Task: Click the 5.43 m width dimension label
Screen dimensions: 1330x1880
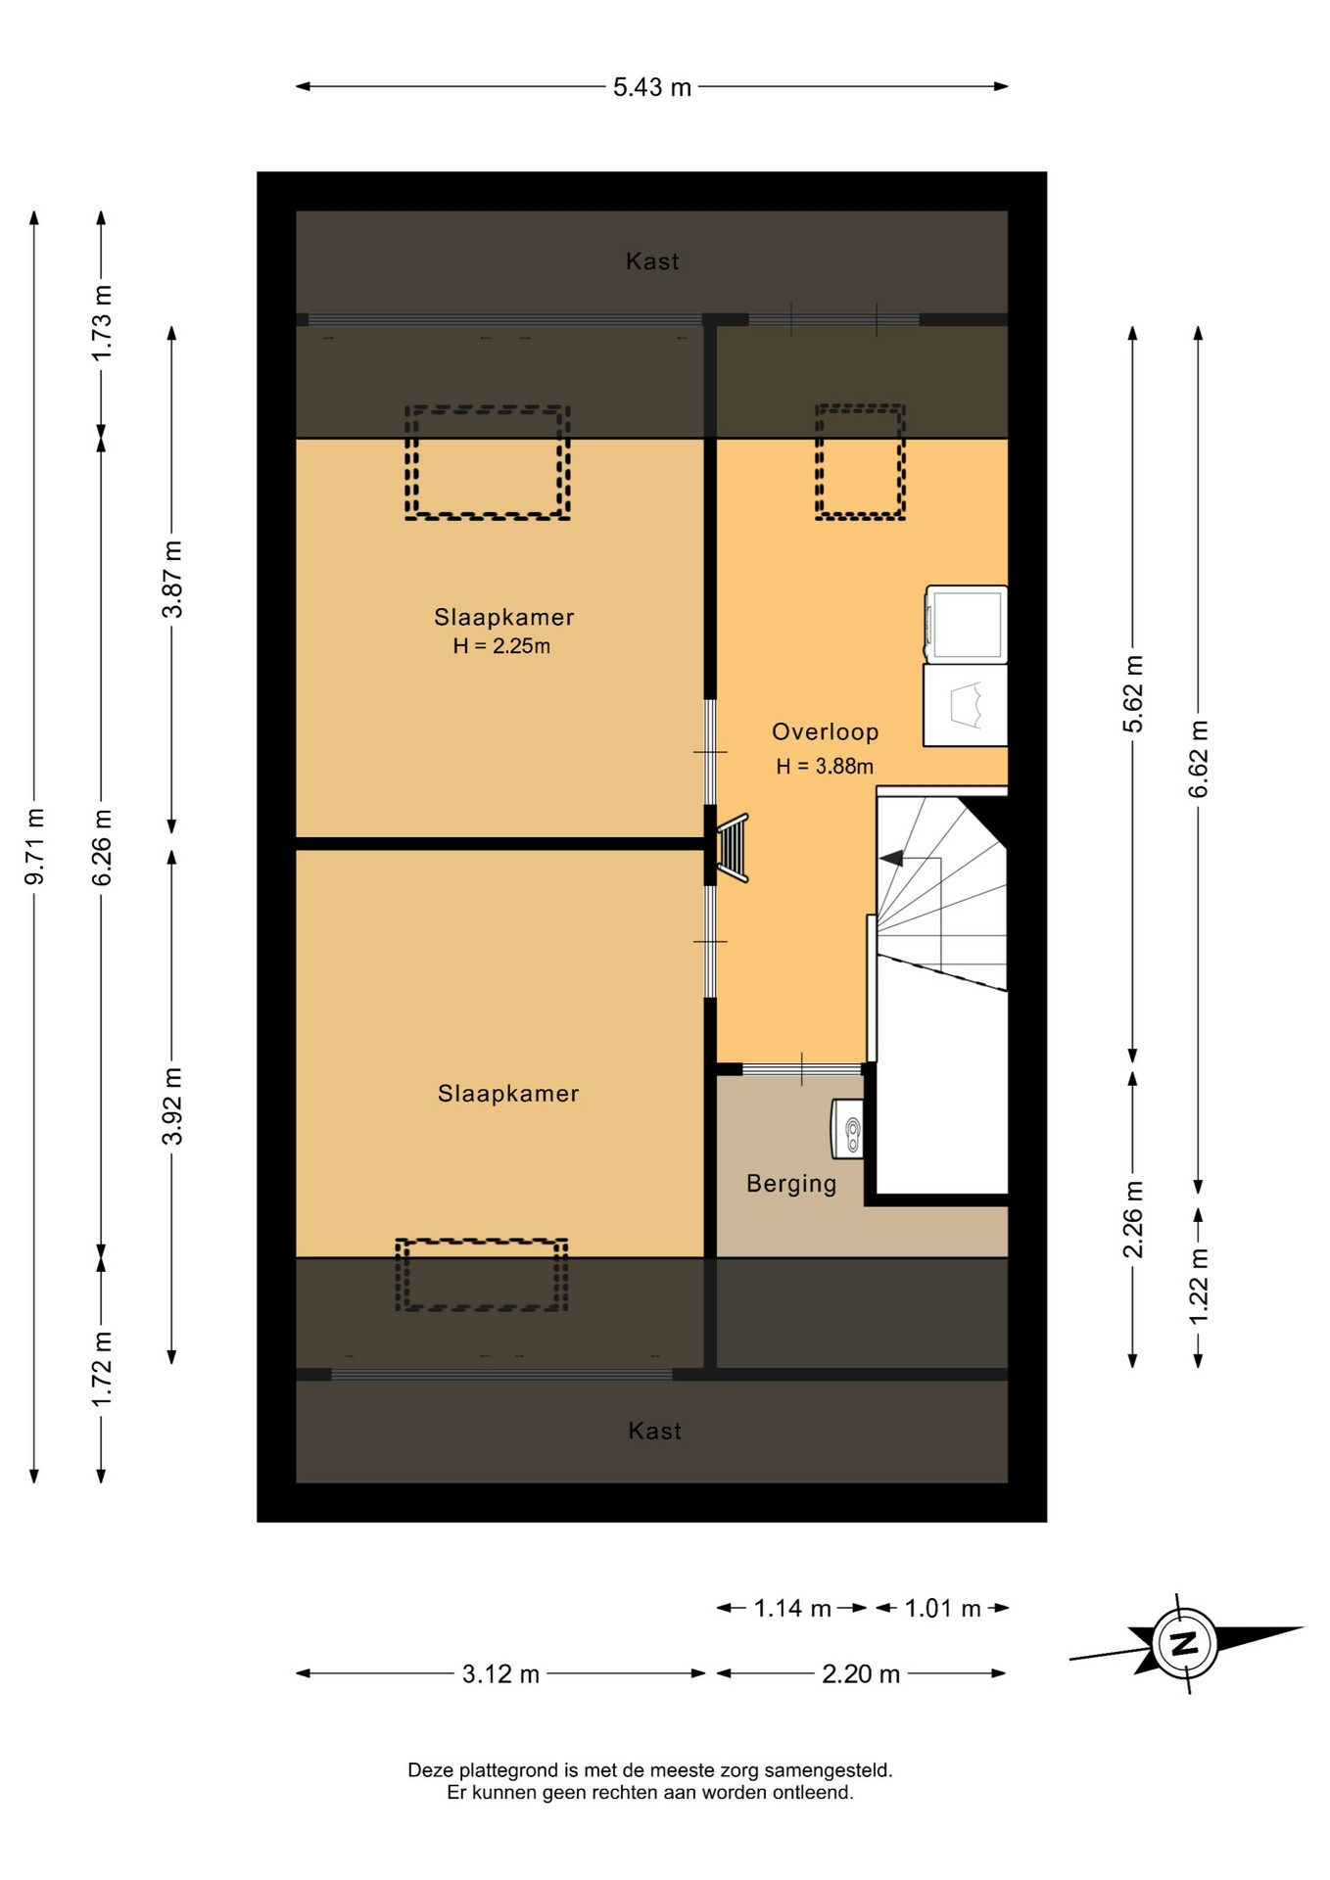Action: point(652,87)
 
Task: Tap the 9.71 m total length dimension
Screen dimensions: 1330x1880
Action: point(34,847)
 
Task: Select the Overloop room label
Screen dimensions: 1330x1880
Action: point(825,731)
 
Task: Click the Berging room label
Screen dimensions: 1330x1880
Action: point(791,1183)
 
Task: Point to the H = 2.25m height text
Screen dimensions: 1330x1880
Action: point(501,646)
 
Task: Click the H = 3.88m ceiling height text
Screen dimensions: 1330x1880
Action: point(825,767)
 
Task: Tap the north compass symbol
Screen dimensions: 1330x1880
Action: point(1186,1643)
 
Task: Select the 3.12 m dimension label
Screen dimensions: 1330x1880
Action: point(500,1673)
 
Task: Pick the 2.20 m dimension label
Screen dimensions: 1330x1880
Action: point(861,1673)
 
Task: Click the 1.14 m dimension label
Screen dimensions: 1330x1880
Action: point(792,1608)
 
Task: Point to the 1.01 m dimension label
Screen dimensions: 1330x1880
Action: point(942,1608)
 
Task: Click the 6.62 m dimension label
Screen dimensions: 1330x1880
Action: point(1199,759)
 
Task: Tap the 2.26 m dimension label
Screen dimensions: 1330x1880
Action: point(1133,1219)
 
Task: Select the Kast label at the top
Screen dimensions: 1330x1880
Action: point(652,261)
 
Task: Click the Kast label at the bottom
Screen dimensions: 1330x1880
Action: point(654,1432)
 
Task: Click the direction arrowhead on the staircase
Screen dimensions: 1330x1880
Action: point(891,859)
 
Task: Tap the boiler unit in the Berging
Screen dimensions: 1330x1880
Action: point(848,1129)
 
